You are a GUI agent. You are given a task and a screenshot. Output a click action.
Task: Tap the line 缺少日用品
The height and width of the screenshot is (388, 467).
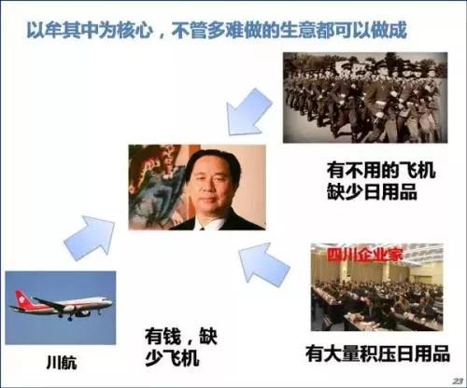pyautogui.click(x=365, y=193)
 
